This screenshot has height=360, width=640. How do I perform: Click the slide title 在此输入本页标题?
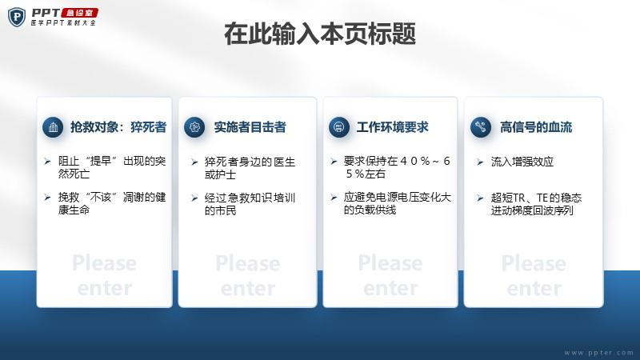(320, 34)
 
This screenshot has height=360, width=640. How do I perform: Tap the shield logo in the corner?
(17, 17)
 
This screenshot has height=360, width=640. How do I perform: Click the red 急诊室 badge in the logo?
(80, 13)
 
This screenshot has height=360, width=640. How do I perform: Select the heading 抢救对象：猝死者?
(118, 127)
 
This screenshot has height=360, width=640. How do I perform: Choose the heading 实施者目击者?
(250, 127)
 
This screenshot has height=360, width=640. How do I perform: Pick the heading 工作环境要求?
(392, 127)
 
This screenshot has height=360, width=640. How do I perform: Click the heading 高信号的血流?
(536, 127)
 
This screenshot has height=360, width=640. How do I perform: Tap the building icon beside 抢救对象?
(53, 127)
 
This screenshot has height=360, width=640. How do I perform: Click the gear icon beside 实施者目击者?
(194, 127)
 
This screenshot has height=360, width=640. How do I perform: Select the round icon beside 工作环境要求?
(338, 127)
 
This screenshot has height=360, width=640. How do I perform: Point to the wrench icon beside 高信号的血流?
(481, 127)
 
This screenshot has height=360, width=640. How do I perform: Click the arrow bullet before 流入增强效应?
(480, 162)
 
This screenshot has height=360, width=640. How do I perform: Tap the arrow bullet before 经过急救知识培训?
(194, 198)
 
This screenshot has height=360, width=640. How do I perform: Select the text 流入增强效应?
(522, 162)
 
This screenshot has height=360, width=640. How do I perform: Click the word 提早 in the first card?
(102, 161)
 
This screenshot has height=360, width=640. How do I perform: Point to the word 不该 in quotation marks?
(102, 197)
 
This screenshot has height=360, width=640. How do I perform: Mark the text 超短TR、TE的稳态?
(536, 198)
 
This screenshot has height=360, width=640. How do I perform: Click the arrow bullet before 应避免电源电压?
(334, 198)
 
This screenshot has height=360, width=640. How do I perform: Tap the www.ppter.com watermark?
(598, 353)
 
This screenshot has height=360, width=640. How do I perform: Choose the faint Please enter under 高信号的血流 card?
(534, 275)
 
